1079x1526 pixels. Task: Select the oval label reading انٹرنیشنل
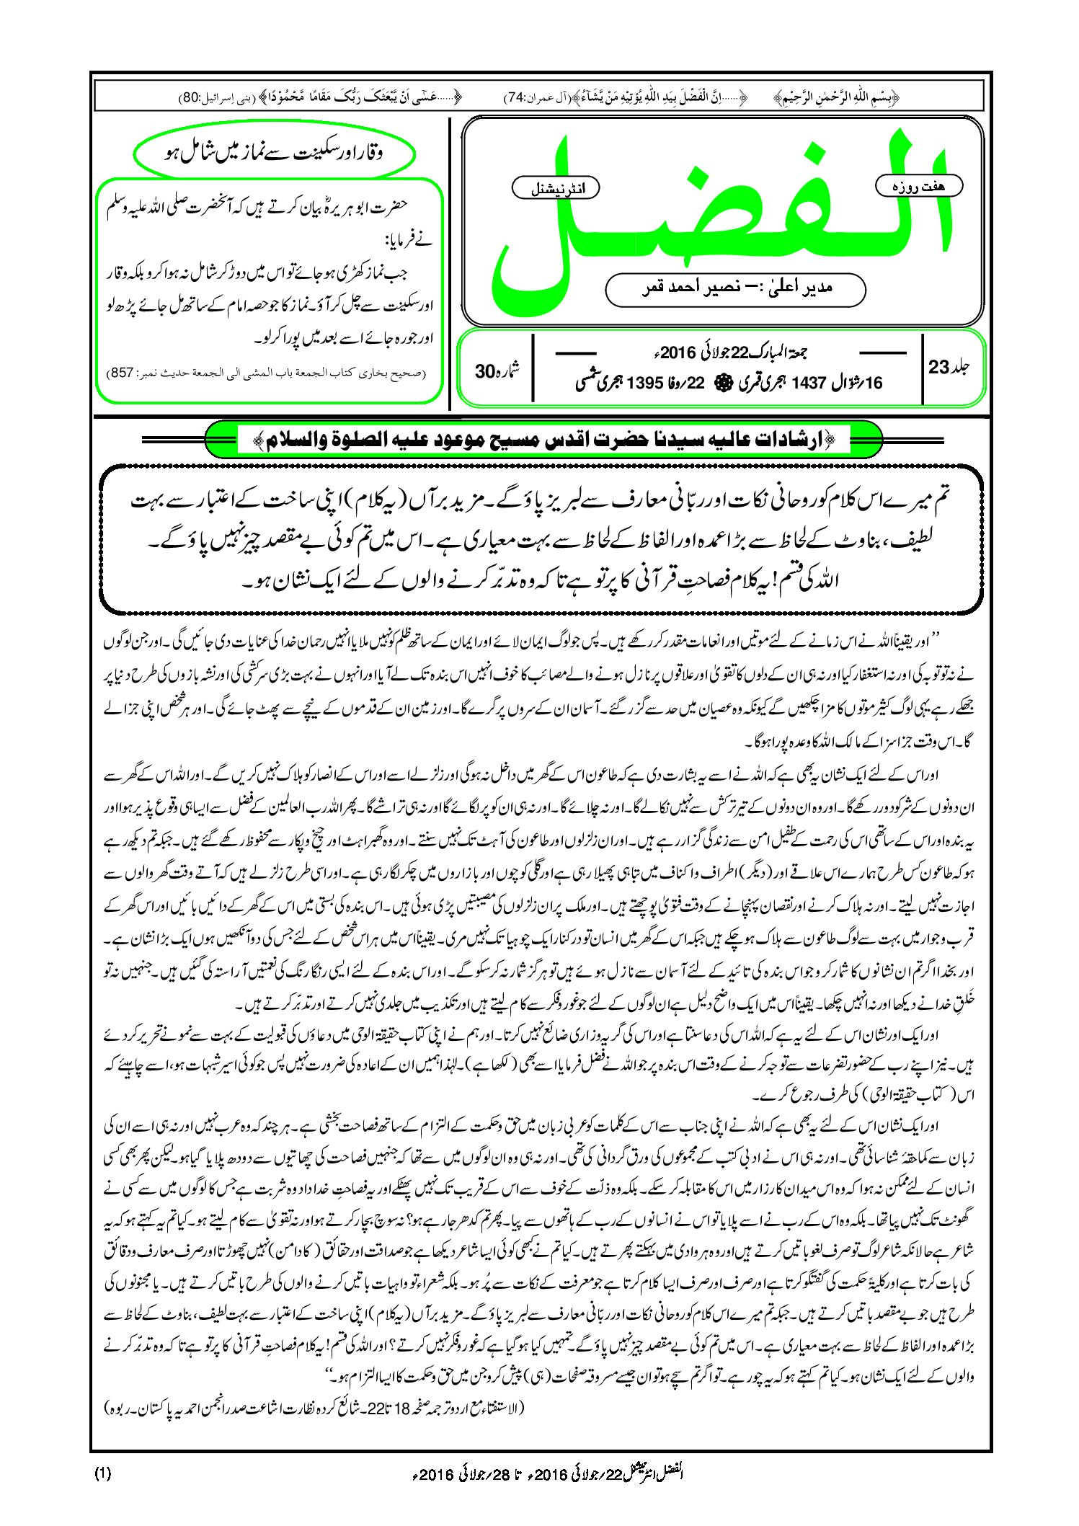[x=555, y=188]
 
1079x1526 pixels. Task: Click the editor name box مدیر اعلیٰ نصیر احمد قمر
[x=735, y=288]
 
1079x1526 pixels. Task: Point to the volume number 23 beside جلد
[x=938, y=368]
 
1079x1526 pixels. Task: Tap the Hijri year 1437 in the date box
[x=807, y=383]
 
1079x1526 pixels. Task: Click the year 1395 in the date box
[x=644, y=383]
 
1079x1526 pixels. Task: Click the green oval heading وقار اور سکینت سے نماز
[x=274, y=154]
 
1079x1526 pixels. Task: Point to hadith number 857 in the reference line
[x=120, y=373]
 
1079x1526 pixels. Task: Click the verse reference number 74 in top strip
[x=517, y=97]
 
